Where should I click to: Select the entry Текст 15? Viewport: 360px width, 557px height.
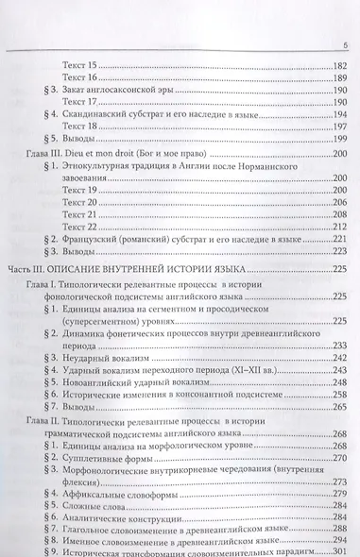pyautogui.click(x=78, y=64)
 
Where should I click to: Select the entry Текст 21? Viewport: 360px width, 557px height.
pyautogui.click(x=78, y=213)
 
